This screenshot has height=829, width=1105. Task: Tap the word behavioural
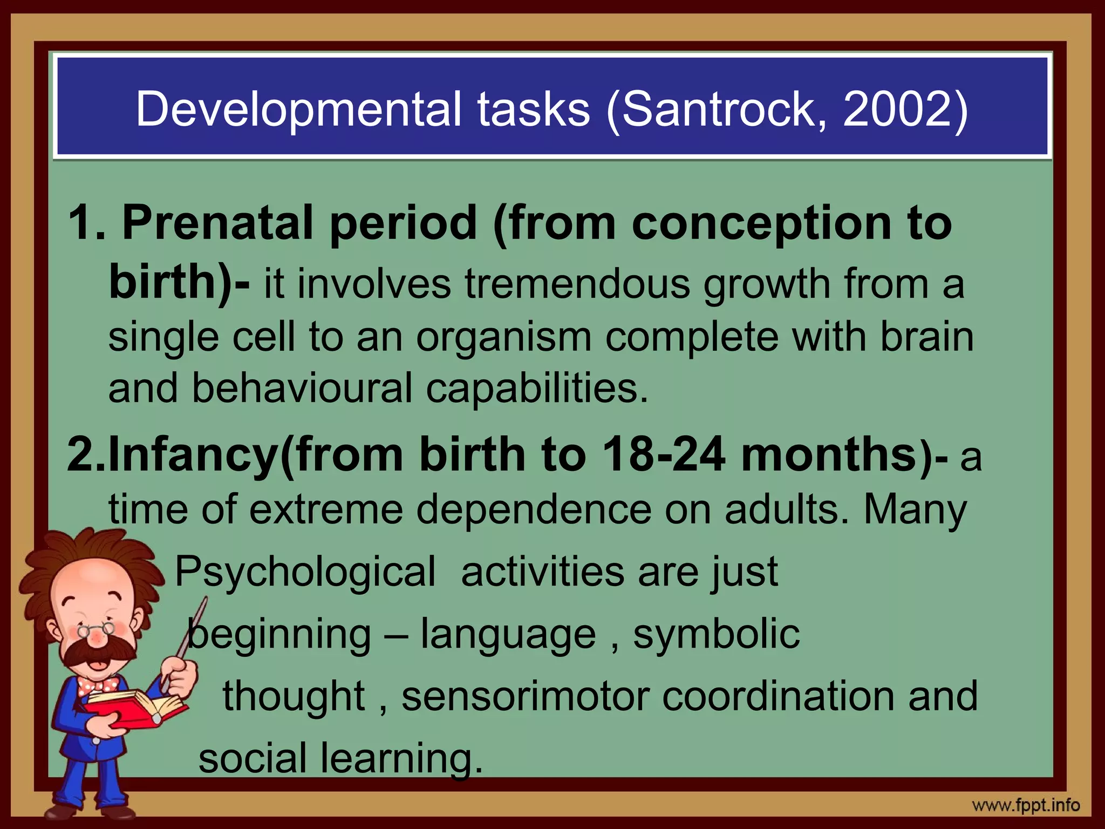pos(302,388)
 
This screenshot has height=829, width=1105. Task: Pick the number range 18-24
pos(663,454)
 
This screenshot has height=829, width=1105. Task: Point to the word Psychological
pos(305,572)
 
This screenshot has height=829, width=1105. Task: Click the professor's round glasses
pos(96,629)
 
